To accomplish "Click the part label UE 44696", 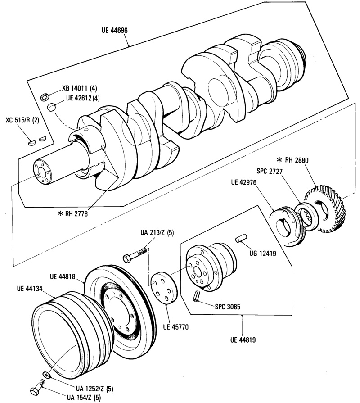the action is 114,30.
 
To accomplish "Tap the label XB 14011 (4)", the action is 79,89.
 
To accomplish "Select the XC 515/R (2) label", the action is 22,120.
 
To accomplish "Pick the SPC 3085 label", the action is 228,307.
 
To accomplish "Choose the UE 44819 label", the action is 243,340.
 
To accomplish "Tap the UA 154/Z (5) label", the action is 85,398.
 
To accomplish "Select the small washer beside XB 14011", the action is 45,97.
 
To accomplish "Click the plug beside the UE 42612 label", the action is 52,107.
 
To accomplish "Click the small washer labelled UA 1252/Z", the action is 47,375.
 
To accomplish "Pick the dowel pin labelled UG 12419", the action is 241,237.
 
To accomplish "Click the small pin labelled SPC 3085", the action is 197,295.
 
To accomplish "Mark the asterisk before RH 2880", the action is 279,160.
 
